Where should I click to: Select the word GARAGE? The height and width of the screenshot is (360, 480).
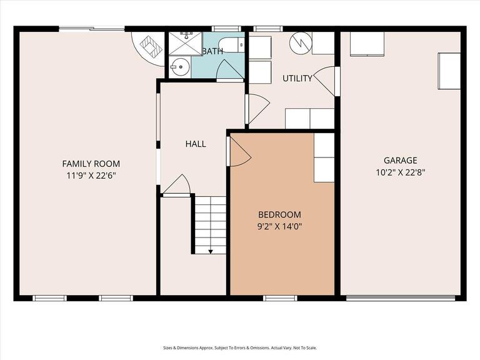(x=400, y=160)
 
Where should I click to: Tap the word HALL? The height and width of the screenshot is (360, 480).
(x=196, y=144)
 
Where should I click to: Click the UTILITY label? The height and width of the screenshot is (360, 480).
(x=297, y=78)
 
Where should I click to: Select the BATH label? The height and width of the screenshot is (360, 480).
(x=212, y=51)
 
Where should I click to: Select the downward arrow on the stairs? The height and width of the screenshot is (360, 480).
(x=211, y=251)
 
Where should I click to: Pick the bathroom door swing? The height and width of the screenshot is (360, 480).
(x=229, y=71)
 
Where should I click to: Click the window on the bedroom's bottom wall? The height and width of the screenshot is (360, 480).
(x=279, y=298)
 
